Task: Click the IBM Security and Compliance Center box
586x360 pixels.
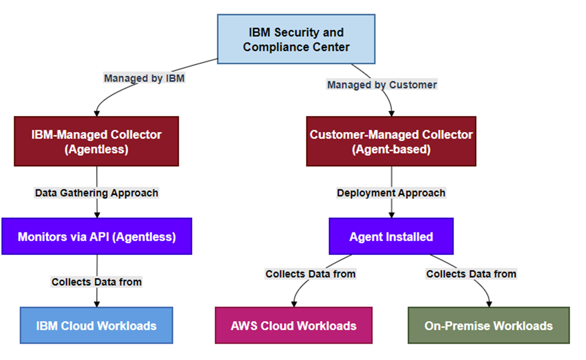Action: pyautogui.click(x=296, y=39)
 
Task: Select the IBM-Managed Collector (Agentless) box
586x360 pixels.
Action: pyautogui.click(x=96, y=141)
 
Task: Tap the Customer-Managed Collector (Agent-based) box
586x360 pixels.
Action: pyautogui.click(x=391, y=141)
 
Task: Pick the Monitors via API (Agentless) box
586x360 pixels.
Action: pyautogui.click(x=96, y=237)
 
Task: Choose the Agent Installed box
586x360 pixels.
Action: pyautogui.click(x=391, y=237)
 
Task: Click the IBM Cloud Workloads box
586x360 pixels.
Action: pyautogui.click(x=96, y=325)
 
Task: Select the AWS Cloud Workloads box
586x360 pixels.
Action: pyautogui.click(x=293, y=325)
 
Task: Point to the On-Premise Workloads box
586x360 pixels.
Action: pyautogui.click(x=489, y=325)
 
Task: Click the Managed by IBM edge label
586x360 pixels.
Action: pyautogui.click(x=144, y=78)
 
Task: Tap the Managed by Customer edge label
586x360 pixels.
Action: pyautogui.click(x=382, y=85)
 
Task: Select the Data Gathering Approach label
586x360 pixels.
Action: pyautogui.click(x=96, y=192)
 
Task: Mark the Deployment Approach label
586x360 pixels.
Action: pyautogui.click(x=391, y=192)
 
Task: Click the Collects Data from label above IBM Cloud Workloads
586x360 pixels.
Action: pyautogui.click(x=96, y=282)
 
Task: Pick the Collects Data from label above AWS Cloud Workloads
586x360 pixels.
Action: pyautogui.click(x=310, y=274)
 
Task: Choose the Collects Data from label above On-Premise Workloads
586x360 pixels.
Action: pyautogui.click(x=471, y=274)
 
